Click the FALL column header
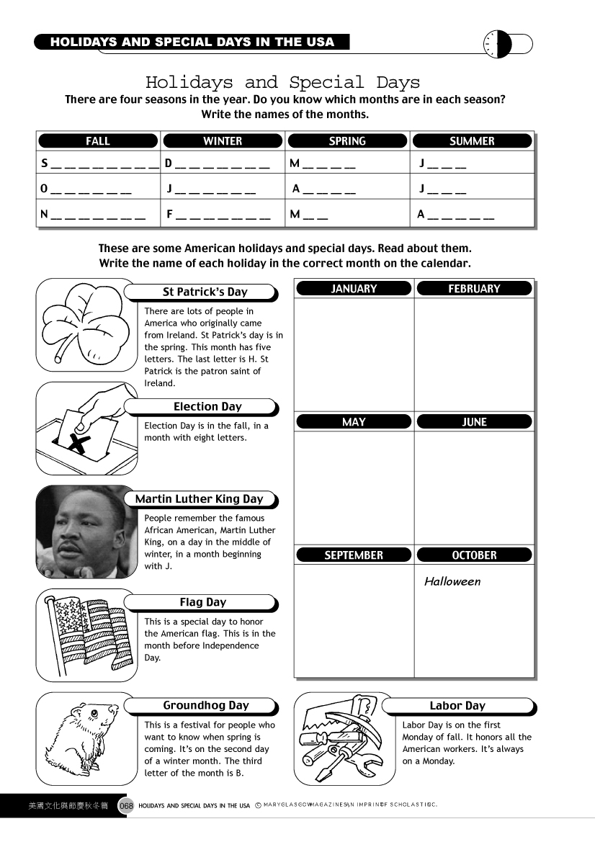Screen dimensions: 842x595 [98, 141]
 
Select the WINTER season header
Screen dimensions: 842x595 [223, 141]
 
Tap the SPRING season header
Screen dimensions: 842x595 [347, 141]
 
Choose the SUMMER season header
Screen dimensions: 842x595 [472, 141]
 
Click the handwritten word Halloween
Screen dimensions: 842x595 [452, 581]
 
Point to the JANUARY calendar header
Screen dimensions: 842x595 [354, 289]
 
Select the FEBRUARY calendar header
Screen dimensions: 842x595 [474, 289]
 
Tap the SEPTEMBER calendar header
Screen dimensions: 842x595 [354, 555]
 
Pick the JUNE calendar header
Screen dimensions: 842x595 [474, 422]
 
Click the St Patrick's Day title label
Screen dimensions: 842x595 [205, 292]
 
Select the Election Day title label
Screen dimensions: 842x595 [207, 406]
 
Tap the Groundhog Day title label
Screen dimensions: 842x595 [205, 705]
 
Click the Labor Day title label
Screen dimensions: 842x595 [457, 705]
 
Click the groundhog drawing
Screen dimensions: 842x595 [86, 738]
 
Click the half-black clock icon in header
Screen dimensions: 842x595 [498, 44]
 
